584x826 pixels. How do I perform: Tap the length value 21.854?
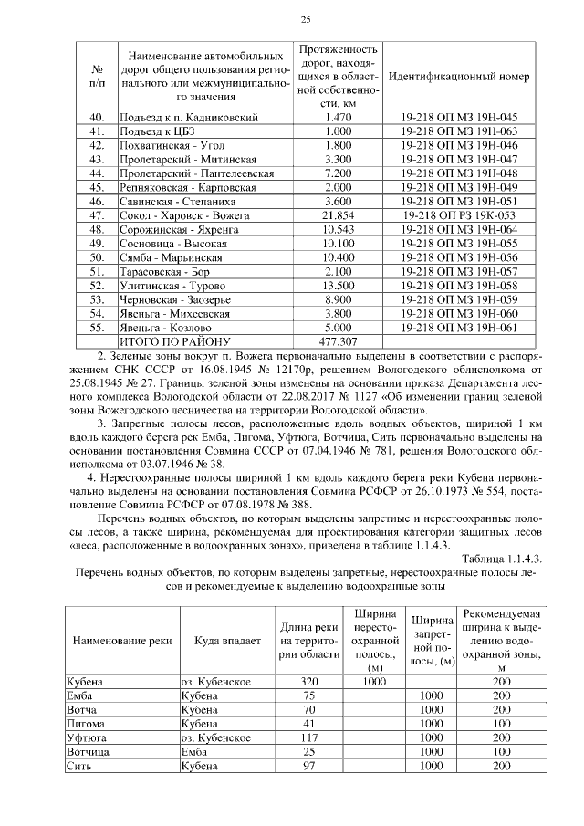click(x=338, y=214)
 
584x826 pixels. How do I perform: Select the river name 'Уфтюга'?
click(x=84, y=736)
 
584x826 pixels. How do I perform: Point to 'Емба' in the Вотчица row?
click(x=194, y=749)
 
